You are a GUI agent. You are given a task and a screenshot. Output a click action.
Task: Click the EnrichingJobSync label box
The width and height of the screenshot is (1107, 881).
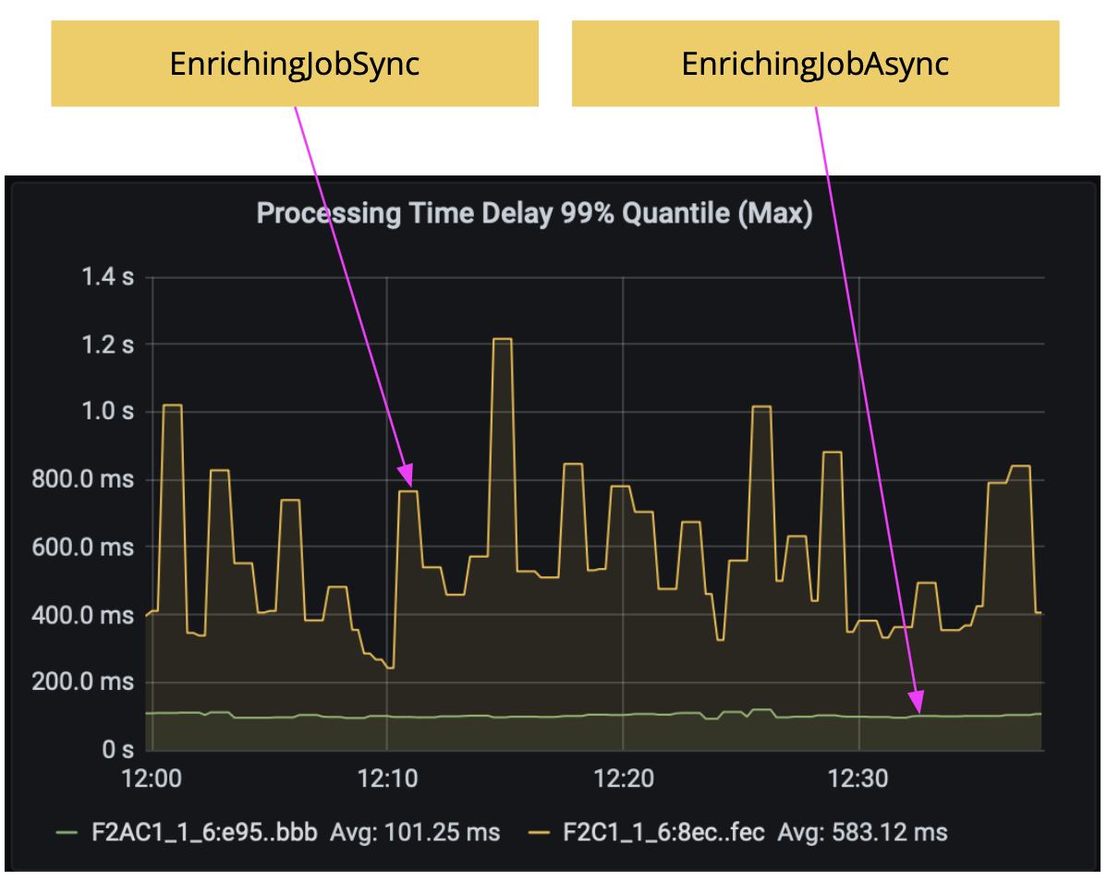(x=294, y=64)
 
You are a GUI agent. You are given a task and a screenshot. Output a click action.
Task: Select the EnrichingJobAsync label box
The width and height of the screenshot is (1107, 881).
(x=815, y=64)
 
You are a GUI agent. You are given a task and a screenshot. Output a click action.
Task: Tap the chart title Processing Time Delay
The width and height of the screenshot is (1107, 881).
(x=534, y=214)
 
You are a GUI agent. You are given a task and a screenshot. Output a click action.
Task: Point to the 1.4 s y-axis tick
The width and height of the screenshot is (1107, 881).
(x=109, y=276)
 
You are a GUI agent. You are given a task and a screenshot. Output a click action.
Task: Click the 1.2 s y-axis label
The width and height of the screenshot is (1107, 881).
(x=109, y=344)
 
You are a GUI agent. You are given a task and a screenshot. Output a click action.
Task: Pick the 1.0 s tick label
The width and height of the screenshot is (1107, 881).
(x=109, y=412)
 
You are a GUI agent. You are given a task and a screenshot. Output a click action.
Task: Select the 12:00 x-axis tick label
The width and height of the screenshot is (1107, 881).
(x=152, y=778)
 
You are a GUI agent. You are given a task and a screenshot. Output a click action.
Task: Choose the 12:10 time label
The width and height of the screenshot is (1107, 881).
(x=387, y=778)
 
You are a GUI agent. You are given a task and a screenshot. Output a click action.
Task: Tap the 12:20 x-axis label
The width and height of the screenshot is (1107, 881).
(x=623, y=778)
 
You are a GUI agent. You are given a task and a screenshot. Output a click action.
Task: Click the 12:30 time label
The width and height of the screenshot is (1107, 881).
(x=859, y=778)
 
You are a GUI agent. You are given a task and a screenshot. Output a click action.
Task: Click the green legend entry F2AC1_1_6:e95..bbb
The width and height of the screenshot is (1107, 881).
(x=204, y=832)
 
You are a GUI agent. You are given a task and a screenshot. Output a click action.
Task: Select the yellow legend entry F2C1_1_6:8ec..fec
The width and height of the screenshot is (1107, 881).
(x=663, y=832)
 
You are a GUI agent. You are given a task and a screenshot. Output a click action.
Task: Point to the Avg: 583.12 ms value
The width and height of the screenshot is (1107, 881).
(x=862, y=832)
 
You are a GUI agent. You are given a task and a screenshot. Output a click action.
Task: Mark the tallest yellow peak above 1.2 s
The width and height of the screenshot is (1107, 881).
(x=502, y=339)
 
